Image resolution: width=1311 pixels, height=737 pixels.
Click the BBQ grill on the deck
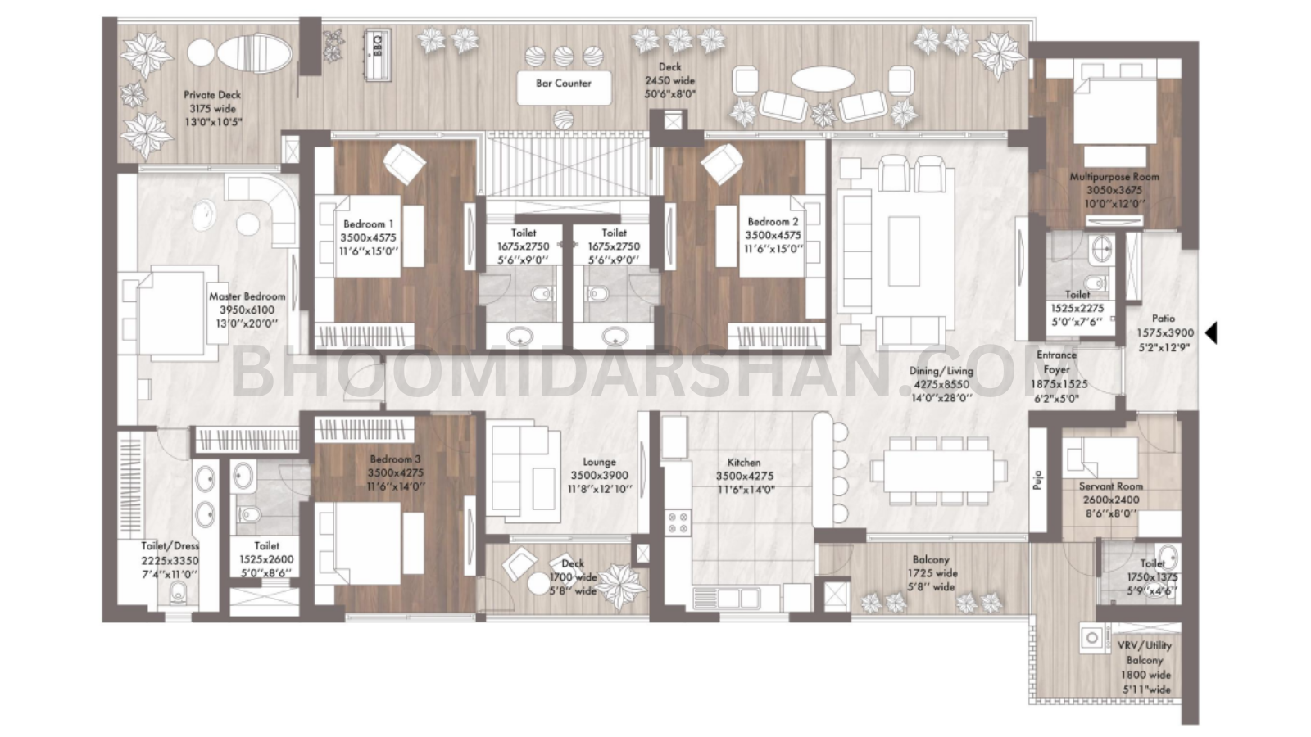[x=378, y=54]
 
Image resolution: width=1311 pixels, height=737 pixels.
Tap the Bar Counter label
[x=564, y=83]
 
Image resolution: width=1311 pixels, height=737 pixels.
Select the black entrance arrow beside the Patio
[x=1212, y=333]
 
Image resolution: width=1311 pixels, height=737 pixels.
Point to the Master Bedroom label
[x=247, y=296]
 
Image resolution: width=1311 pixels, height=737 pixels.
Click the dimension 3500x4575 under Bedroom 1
[x=368, y=237]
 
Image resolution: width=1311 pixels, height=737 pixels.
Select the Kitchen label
[x=744, y=463]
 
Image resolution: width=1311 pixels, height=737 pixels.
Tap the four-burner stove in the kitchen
[x=678, y=522]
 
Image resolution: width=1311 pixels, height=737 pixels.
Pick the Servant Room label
[x=1110, y=486]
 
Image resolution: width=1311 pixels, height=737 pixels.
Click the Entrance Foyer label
[x=1056, y=362]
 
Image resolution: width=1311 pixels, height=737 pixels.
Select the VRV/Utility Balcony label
[x=1144, y=653]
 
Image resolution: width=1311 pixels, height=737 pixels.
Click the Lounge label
[x=599, y=462]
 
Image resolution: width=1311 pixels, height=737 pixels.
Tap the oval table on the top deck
[x=822, y=79]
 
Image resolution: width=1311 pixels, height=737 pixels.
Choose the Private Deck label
[x=212, y=95]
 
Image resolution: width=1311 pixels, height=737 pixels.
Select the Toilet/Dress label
[x=170, y=546]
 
